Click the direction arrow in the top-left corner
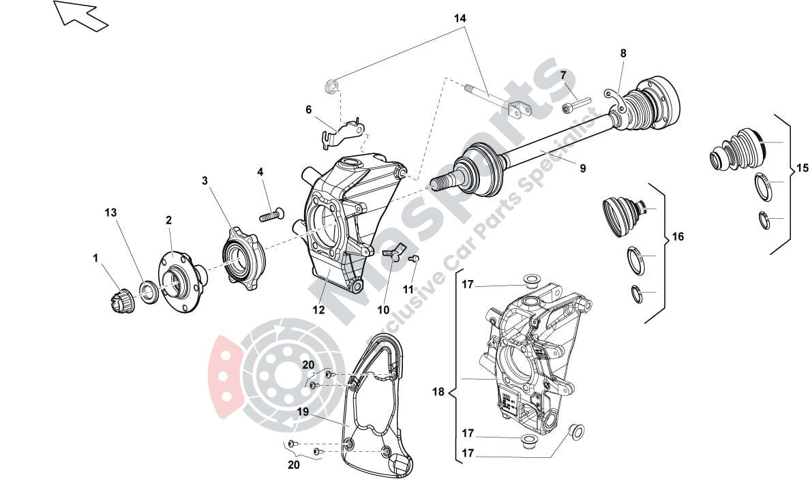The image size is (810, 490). pos(80,14)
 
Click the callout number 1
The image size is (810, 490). pos(96,258)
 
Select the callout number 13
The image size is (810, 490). pos(110,213)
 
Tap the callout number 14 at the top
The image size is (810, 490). pos(461,18)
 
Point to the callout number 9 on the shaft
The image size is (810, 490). pos(582,168)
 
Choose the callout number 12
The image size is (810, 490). pos(319,310)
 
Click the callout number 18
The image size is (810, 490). pos(438,392)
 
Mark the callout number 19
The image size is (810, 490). pos(303,412)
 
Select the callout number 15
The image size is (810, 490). pos(802,168)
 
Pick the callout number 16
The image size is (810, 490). pos(677,236)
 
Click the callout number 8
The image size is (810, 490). pos(623,53)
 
